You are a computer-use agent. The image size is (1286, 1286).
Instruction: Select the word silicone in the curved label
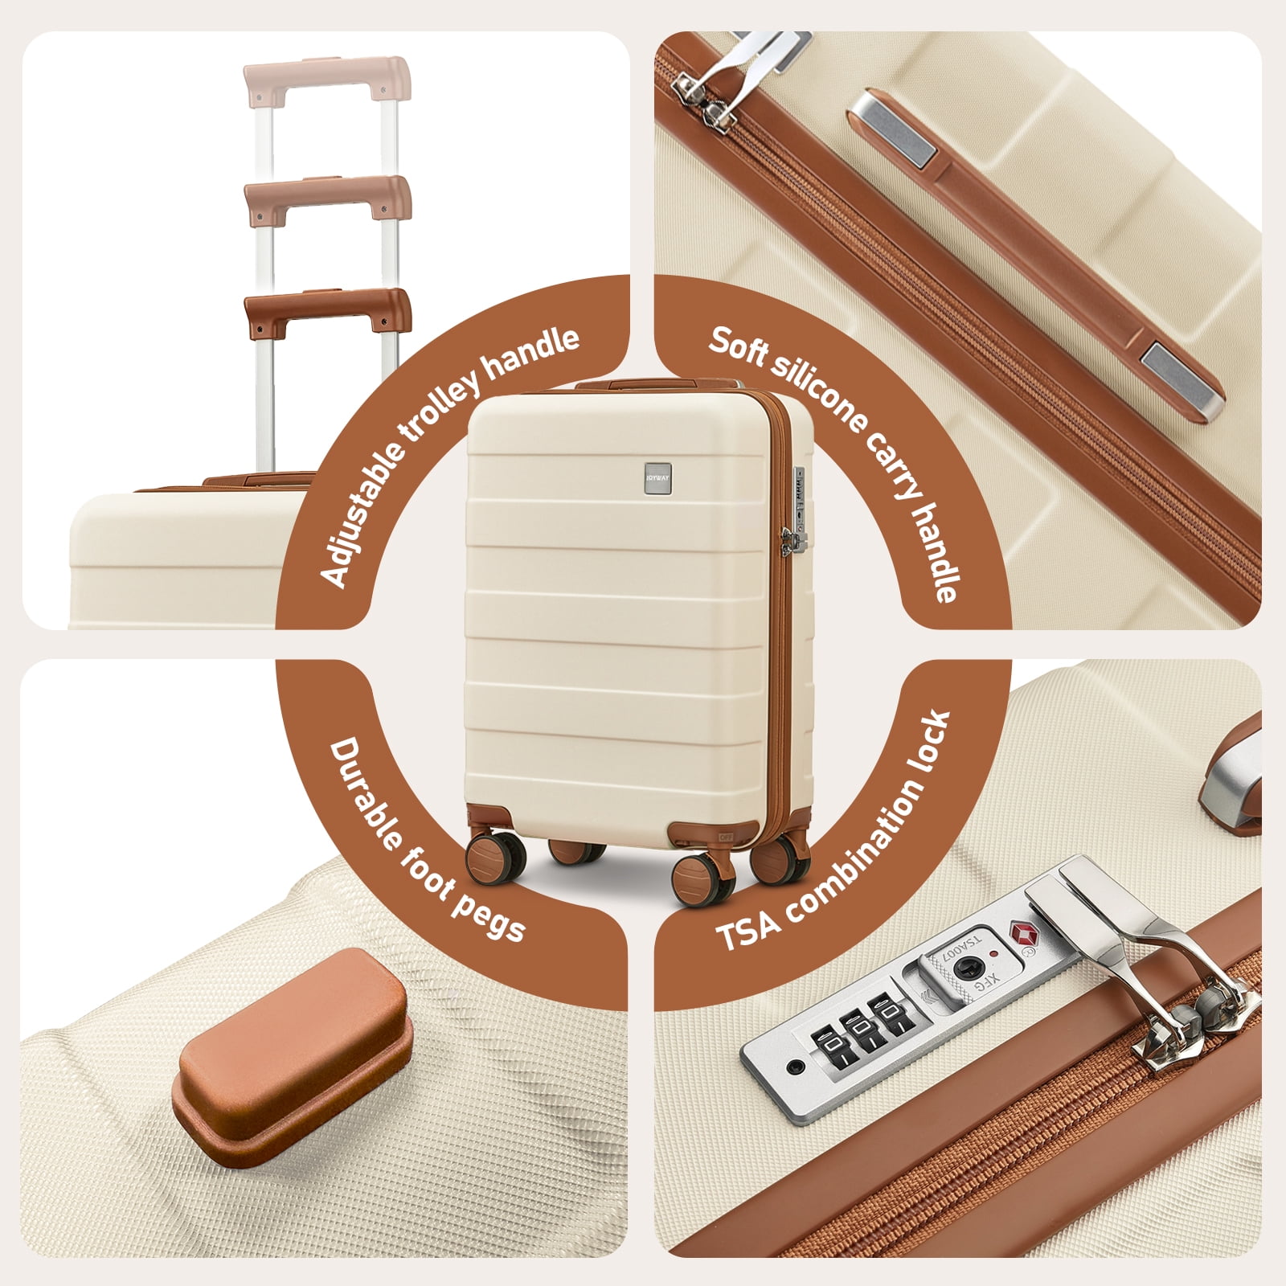click(816, 386)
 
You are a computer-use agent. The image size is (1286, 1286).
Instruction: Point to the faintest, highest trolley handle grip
click(326, 80)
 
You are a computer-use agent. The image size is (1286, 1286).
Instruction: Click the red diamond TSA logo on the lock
click(1024, 935)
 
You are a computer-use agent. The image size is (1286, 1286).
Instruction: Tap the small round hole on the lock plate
click(796, 1067)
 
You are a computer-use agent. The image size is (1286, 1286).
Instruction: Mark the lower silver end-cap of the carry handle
click(1182, 381)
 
